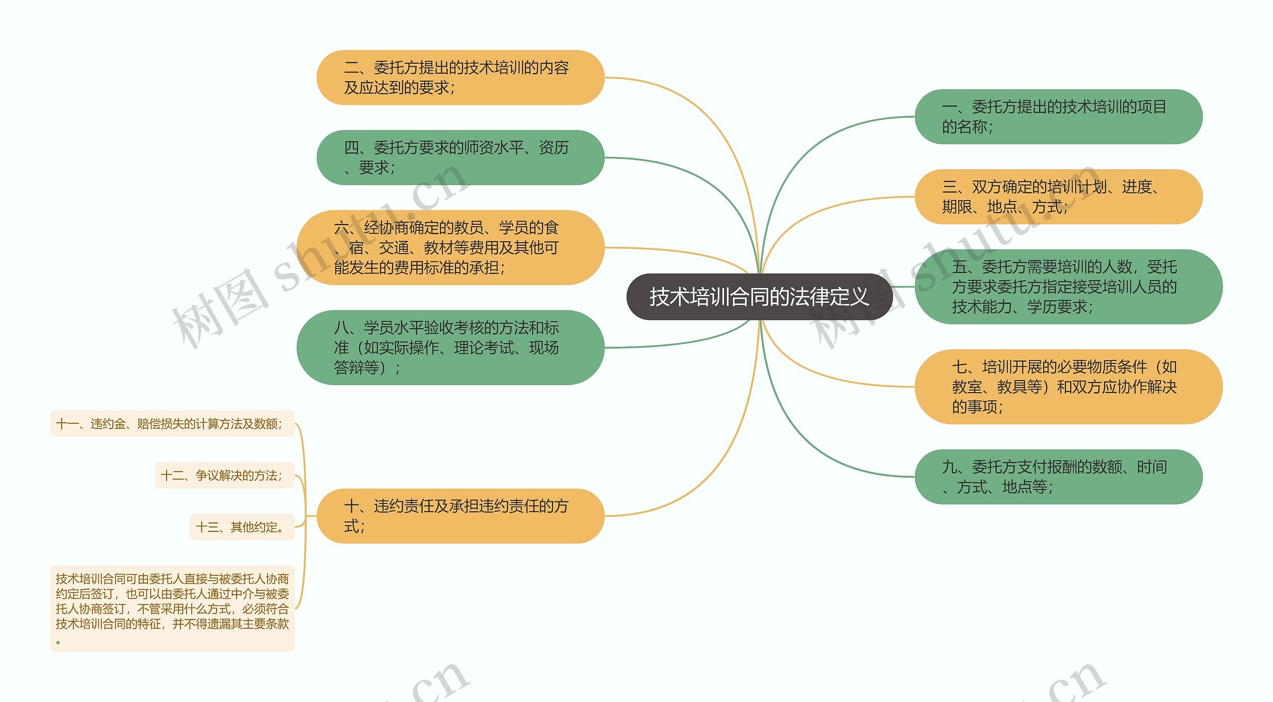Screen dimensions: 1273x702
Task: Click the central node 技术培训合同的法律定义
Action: point(759,297)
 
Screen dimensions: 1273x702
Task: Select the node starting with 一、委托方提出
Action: point(1058,117)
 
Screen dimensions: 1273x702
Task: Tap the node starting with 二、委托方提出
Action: point(460,78)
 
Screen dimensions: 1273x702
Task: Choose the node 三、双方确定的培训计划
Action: point(1058,197)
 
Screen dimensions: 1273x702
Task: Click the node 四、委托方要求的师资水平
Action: point(460,158)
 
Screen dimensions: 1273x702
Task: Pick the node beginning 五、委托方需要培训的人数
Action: point(1068,287)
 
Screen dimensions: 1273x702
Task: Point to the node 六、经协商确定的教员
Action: point(450,248)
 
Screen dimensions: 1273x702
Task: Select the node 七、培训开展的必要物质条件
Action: point(1068,387)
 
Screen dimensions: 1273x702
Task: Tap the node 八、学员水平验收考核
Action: point(450,348)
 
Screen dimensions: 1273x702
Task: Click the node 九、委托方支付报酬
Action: point(1058,477)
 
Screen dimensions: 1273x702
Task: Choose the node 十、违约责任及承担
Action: point(460,516)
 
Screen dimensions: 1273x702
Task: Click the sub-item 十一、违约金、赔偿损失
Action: point(172,424)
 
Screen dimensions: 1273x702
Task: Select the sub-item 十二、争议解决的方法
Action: point(225,476)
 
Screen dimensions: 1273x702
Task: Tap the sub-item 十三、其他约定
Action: point(242,527)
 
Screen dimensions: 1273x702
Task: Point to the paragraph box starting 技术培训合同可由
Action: point(172,608)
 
